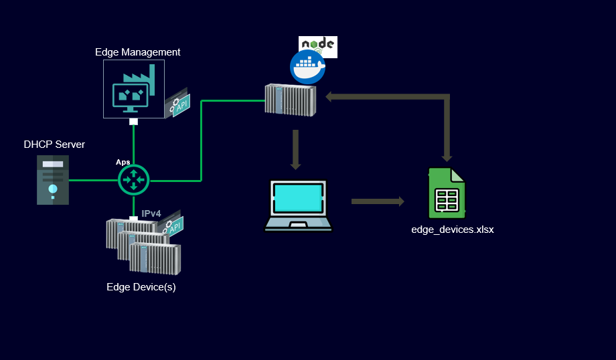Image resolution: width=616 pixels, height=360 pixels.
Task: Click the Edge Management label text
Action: [138, 52]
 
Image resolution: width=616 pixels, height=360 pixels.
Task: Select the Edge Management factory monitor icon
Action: [133, 88]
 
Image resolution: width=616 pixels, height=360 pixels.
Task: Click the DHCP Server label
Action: [54, 145]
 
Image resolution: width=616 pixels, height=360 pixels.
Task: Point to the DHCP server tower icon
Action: [53, 180]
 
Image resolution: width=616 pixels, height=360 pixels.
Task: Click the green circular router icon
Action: [134, 179]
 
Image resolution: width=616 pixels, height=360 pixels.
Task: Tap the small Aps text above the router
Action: [123, 162]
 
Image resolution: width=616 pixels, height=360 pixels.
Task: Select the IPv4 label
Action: [151, 213]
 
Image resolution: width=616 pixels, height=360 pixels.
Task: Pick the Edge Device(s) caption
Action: [141, 287]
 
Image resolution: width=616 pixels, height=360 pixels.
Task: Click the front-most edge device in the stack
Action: [155, 258]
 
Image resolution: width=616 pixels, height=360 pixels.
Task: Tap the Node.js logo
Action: [318, 46]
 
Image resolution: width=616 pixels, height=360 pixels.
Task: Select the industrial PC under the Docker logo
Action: [291, 100]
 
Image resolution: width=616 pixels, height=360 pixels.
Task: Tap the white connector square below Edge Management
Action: [134, 122]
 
